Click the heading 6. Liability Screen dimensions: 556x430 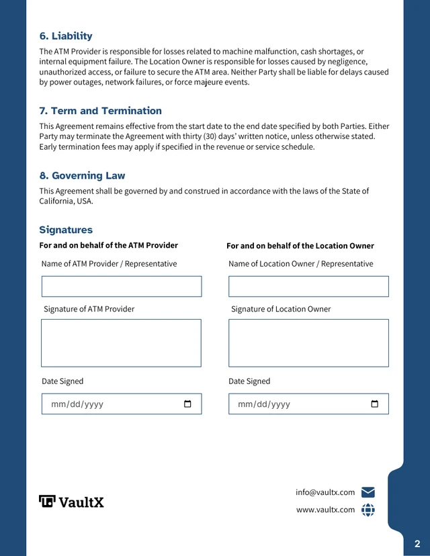pyautogui.click(x=66, y=36)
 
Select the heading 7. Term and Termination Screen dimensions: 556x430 pyautogui.click(x=100, y=111)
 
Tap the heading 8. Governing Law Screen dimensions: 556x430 pyautogui.click(x=82, y=176)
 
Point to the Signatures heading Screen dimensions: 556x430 pyautogui.click(x=66, y=230)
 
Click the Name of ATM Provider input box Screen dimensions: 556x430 pyautogui.click(x=122, y=287)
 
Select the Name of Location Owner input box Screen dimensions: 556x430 pyautogui.click(x=308, y=287)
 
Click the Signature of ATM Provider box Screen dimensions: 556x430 pyautogui.click(x=122, y=343)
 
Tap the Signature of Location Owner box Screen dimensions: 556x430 pyautogui.click(x=308, y=343)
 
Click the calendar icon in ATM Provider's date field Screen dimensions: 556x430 pyautogui.click(x=187, y=404)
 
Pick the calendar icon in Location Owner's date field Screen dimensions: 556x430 pyautogui.click(x=374, y=404)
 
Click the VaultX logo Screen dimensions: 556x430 pyautogui.click(x=71, y=502)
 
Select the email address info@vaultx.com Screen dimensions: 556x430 pyautogui.click(x=325, y=492)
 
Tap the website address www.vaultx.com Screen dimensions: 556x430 pyautogui.click(x=325, y=510)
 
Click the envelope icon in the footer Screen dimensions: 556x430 pyautogui.click(x=368, y=492)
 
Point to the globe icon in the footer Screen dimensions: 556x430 pyautogui.click(x=368, y=510)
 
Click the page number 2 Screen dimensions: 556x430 pyautogui.click(x=417, y=543)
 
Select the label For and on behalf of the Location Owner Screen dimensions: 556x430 pyautogui.click(x=300, y=246)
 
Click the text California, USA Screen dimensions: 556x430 pyautogui.click(x=66, y=201)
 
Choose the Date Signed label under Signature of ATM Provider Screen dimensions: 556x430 pyautogui.click(x=62, y=381)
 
